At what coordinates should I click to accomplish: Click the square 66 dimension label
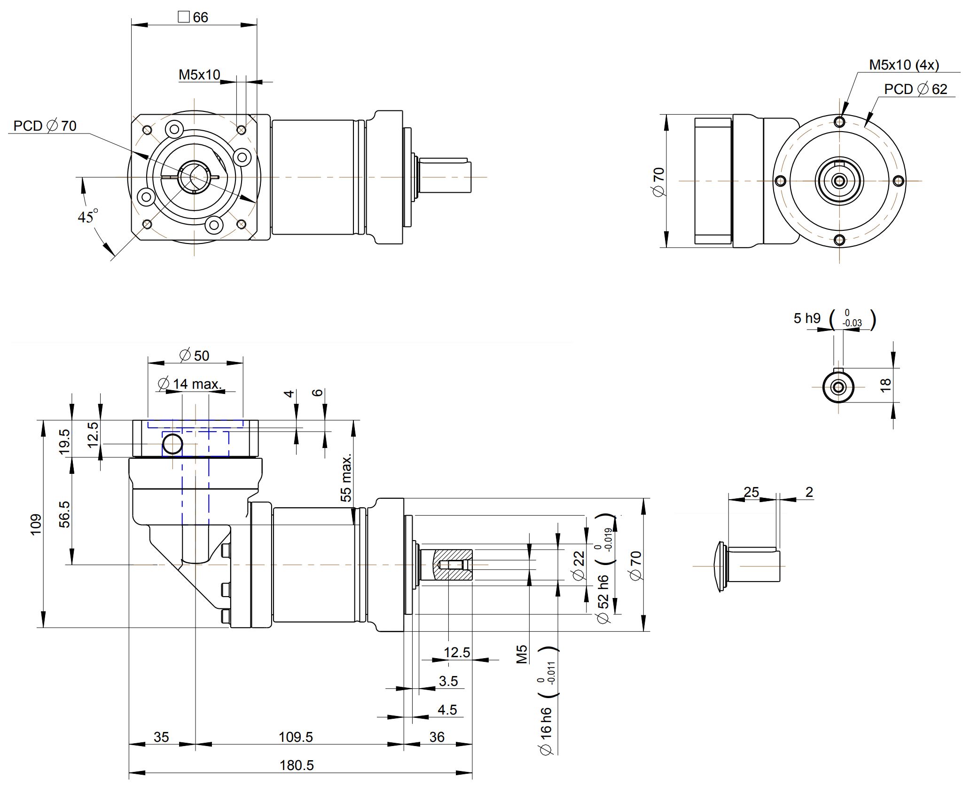pyautogui.click(x=193, y=17)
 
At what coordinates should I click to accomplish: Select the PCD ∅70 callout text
pyautogui.click(x=45, y=126)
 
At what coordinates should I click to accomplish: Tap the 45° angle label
pyautogui.click(x=87, y=216)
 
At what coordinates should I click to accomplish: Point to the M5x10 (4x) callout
pyautogui.click(x=904, y=65)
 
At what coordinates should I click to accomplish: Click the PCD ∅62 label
pyautogui.click(x=915, y=89)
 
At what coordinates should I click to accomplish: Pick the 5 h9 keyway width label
pyautogui.click(x=807, y=318)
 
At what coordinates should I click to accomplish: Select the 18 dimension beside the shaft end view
pyautogui.click(x=885, y=385)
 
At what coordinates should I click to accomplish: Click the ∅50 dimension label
pyautogui.click(x=195, y=355)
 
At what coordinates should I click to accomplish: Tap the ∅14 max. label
pyautogui.click(x=190, y=384)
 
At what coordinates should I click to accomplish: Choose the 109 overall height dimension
pyautogui.click(x=36, y=524)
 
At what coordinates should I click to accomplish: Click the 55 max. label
pyautogui.click(x=346, y=478)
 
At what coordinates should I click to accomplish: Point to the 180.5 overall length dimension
pyautogui.click(x=297, y=765)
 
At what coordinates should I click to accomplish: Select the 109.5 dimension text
pyautogui.click(x=296, y=737)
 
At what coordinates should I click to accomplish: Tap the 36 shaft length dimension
pyautogui.click(x=437, y=737)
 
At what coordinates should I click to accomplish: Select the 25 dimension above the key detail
pyautogui.click(x=751, y=492)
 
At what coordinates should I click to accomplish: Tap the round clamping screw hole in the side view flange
pyautogui.click(x=172, y=444)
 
